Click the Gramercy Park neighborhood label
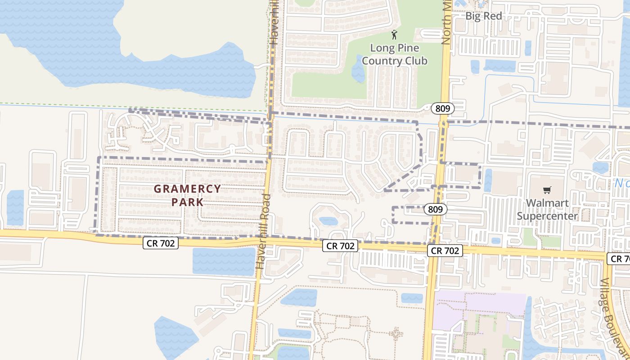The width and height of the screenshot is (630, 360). pyautogui.click(x=187, y=195)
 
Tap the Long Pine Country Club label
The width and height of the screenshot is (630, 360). pyautogui.click(x=395, y=54)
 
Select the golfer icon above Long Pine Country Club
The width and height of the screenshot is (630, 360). pyautogui.click(x=395, y=35)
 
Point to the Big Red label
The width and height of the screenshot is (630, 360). pyautogui.click(x=483, y=16)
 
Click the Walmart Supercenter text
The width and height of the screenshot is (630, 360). pyautogui.click(x=547, y=209)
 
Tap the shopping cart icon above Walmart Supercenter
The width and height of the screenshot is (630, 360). pyautogui.click(x=547, y=190)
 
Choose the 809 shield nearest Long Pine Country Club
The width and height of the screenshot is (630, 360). pyautogui.click(x=442, y=108)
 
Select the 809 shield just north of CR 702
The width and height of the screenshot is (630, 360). pyautogui.click(x=435, y=209)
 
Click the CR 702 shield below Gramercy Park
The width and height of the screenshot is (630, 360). pyautogui.click(x=161, y=243)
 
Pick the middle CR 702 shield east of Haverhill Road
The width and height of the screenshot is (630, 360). pyautogui.click(x=340, y=246)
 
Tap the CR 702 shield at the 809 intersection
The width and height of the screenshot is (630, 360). pyautogui.click(x=445, y=251)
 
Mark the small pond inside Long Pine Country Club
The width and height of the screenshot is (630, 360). pyautogui.click(x=358, y=70)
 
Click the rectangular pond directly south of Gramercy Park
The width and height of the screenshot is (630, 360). pyautogui.click(x=224, y=261)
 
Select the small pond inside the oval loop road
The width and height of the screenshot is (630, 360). pyautogui.click(x=328, y=221)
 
